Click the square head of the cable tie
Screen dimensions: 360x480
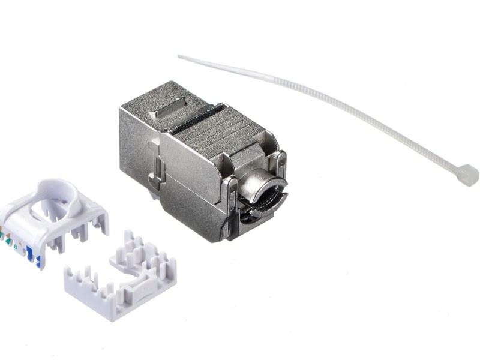[467, 175]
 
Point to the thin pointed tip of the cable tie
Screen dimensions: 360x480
[181, 57]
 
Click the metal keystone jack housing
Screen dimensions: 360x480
[198, 162]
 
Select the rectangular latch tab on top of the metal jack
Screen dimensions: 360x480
[164, 112]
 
